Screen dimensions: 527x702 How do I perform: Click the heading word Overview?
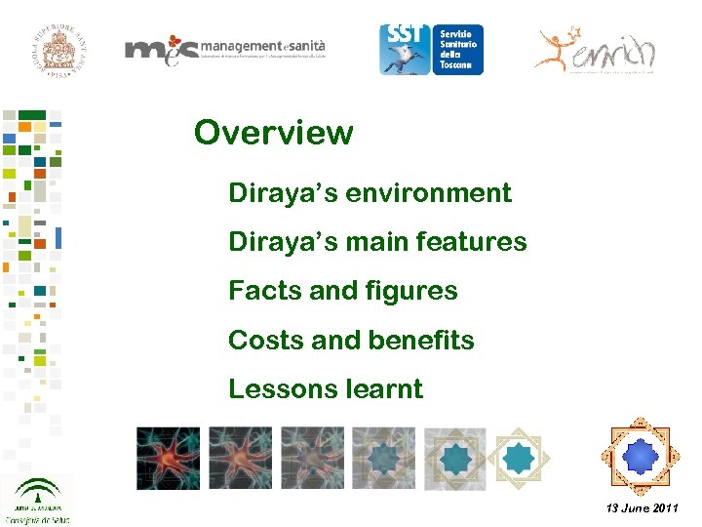coord(273,132)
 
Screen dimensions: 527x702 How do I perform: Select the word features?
coord(472,242)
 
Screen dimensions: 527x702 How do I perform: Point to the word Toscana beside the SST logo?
coord(456,65)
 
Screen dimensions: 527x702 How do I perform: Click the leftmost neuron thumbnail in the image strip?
coord(168,457)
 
